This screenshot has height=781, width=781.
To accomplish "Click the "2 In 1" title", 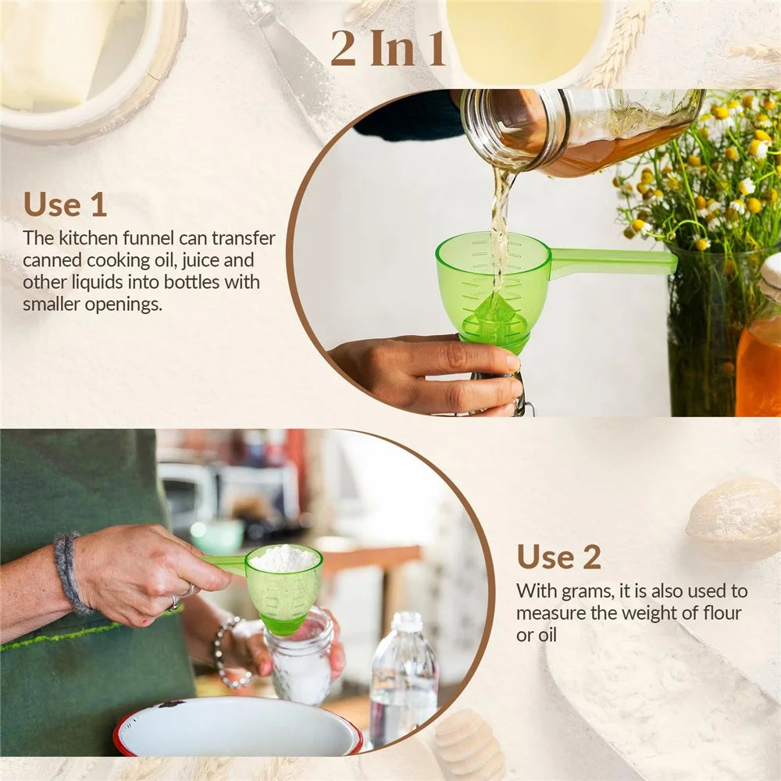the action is pos(387,48).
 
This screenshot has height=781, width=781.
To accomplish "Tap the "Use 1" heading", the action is pos(65,204).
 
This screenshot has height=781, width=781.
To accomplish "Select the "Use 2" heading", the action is pos(558,556).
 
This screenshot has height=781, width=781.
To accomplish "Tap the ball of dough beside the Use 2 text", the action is pos(733,518).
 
